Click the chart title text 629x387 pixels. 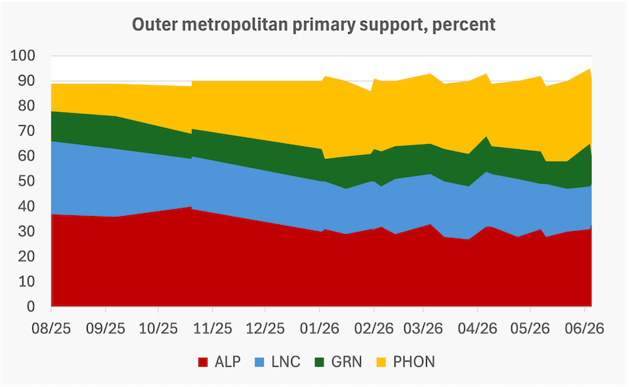313,25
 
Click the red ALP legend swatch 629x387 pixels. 203,362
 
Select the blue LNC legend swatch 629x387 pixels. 260,362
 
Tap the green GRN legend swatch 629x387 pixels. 319,362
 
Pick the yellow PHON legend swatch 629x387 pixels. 381,362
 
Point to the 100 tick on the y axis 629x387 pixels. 23,55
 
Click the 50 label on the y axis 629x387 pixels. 27,181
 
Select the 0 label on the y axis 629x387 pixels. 31,307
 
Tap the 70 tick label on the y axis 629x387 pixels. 27,131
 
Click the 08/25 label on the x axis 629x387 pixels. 52,328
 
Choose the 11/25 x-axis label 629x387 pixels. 213,328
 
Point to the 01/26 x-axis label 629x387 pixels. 319,328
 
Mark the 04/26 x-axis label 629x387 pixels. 478,328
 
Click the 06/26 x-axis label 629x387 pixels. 585,328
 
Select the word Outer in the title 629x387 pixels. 155,25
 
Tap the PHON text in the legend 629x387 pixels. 414,362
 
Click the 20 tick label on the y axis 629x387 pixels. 27,256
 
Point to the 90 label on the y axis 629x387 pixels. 27,81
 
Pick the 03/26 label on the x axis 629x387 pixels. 423,328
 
